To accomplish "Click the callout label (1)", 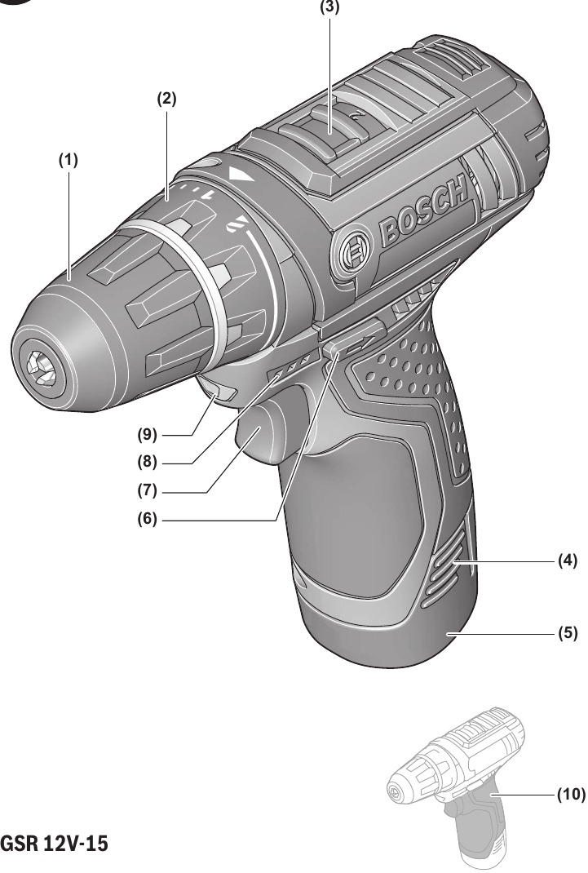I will point(68,162).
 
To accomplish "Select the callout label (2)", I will point(166,99).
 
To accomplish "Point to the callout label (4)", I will point(568,561).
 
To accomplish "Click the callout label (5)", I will point(568,631).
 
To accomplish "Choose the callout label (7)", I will point(148,492).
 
